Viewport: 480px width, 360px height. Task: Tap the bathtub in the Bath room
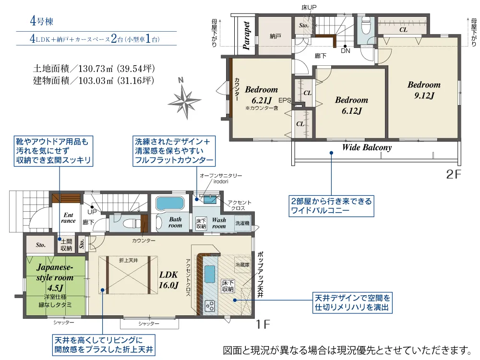pos(170,203)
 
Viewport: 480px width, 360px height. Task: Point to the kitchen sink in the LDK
pos(210,274)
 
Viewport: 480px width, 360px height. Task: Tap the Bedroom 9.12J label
pos(424,90)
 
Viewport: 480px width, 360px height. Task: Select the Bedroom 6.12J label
pos(351,105)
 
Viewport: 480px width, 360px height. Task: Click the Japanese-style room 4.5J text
pos(55,277)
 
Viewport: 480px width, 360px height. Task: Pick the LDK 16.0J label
pos(168,280)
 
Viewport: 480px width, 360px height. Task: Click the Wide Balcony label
pos(367,147)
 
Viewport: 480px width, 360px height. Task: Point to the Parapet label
pos(246,36)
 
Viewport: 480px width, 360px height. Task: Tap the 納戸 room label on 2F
pos(275,36)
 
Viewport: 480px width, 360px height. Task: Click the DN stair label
pos(345,51)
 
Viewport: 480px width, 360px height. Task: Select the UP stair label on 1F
pos(92,212)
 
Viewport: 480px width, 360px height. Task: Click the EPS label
pos(285,100)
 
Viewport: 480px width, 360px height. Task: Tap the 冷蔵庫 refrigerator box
pos(242,264)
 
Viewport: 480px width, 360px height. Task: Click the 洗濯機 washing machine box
pos(242,223)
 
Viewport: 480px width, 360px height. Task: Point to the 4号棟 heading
pos(42,21)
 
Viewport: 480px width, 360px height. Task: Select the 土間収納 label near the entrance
pos(66,245)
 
